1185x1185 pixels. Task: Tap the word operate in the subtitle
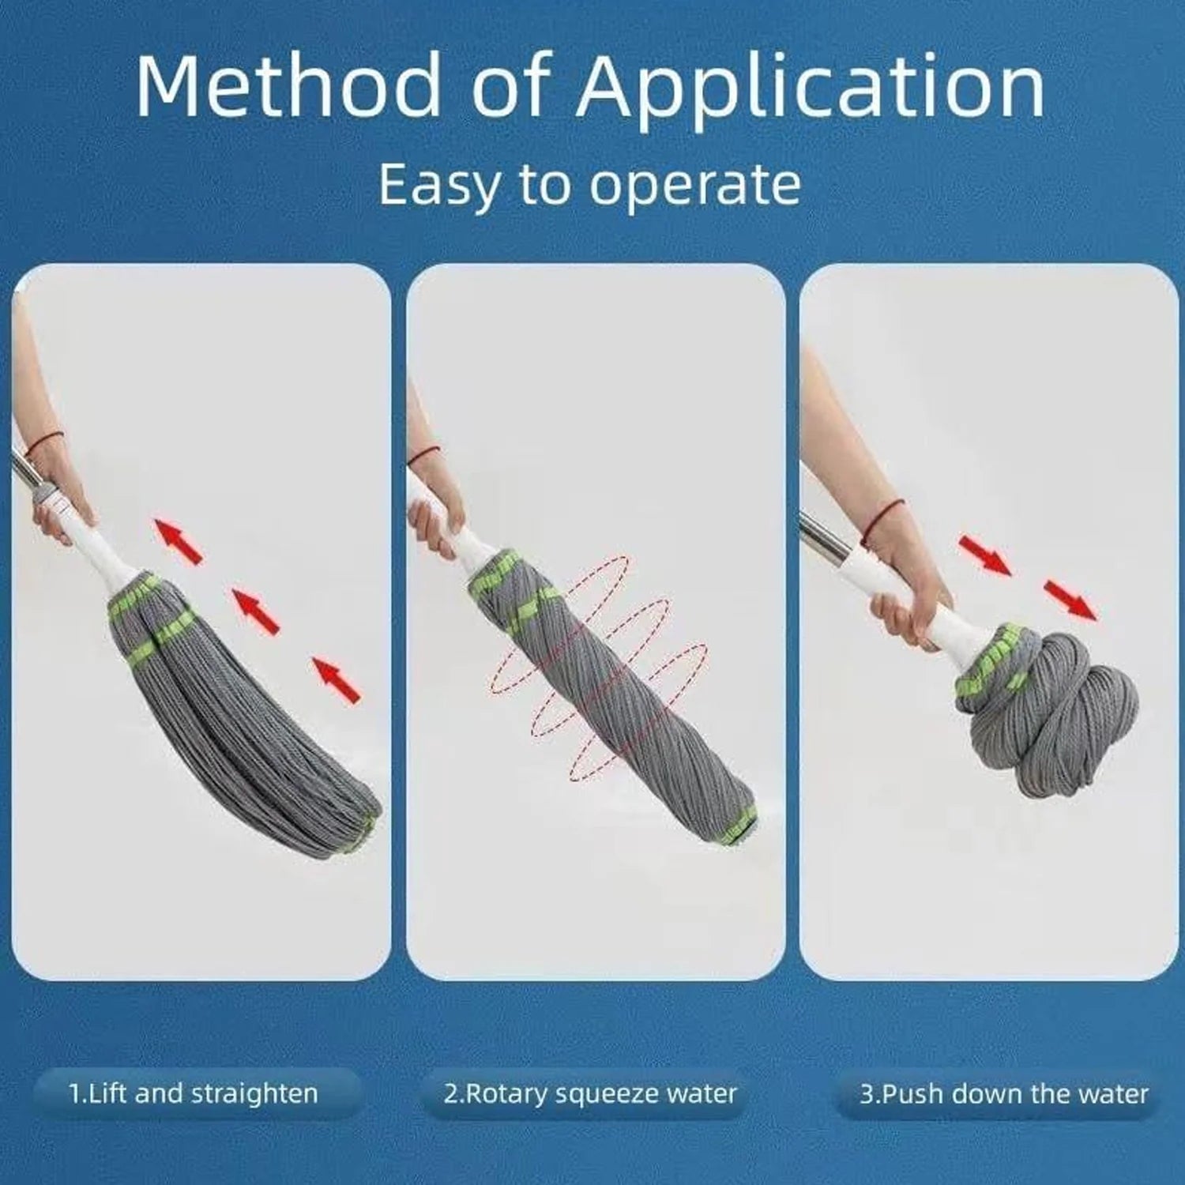point(694,186)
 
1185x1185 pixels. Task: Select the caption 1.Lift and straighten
point(194,1094)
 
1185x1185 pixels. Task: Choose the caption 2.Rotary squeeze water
point(589,1094)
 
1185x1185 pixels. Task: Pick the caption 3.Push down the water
point(1003,1094)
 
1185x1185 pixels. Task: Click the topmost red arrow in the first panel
point(179,540)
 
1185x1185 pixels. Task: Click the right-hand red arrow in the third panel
point(1070,600)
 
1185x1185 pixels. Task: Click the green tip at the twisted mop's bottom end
point(742,826)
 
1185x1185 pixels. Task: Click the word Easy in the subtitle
point(438,186)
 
